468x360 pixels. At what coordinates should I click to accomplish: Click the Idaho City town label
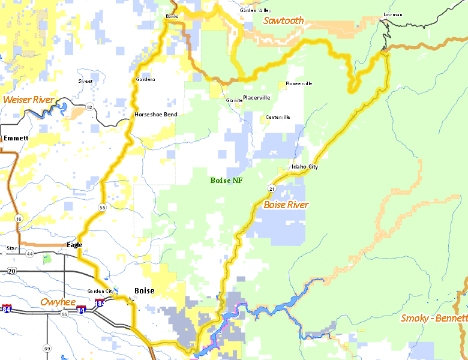click(x=304, y=167)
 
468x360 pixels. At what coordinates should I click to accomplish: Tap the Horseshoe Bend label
click(x=155, y=114)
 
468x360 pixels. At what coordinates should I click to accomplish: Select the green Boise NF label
click(x=226, y=181)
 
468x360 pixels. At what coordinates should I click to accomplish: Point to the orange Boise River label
click(x=286, y=205)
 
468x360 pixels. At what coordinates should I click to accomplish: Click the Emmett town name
click(x=16, y=138)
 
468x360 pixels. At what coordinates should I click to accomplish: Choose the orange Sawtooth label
click(x=283, y=21)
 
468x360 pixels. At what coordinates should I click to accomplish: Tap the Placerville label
click(x=256, y=98)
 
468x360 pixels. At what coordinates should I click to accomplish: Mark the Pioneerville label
click(x=299, y=83)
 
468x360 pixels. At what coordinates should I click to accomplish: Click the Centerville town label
click(x=278, y=117)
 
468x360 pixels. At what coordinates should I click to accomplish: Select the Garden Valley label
click(x=255, y=10)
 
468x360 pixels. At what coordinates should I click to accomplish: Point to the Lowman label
click(x=392, y=14)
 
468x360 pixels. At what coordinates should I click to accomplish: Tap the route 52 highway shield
click(x=89, y=107)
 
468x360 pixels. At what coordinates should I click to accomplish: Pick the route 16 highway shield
click(x=19, y=220)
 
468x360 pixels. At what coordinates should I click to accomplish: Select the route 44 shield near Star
click(x=29, y=254)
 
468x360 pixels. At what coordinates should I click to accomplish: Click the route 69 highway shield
click(x=47, y=348)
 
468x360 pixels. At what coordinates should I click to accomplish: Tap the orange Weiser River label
click(x=28, y=100)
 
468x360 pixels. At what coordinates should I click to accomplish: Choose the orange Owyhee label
click(x=58, y=302)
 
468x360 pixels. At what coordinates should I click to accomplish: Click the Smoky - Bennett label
click(x=434, y=318)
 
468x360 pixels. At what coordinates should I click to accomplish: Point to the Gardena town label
click(x=145, y=79)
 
